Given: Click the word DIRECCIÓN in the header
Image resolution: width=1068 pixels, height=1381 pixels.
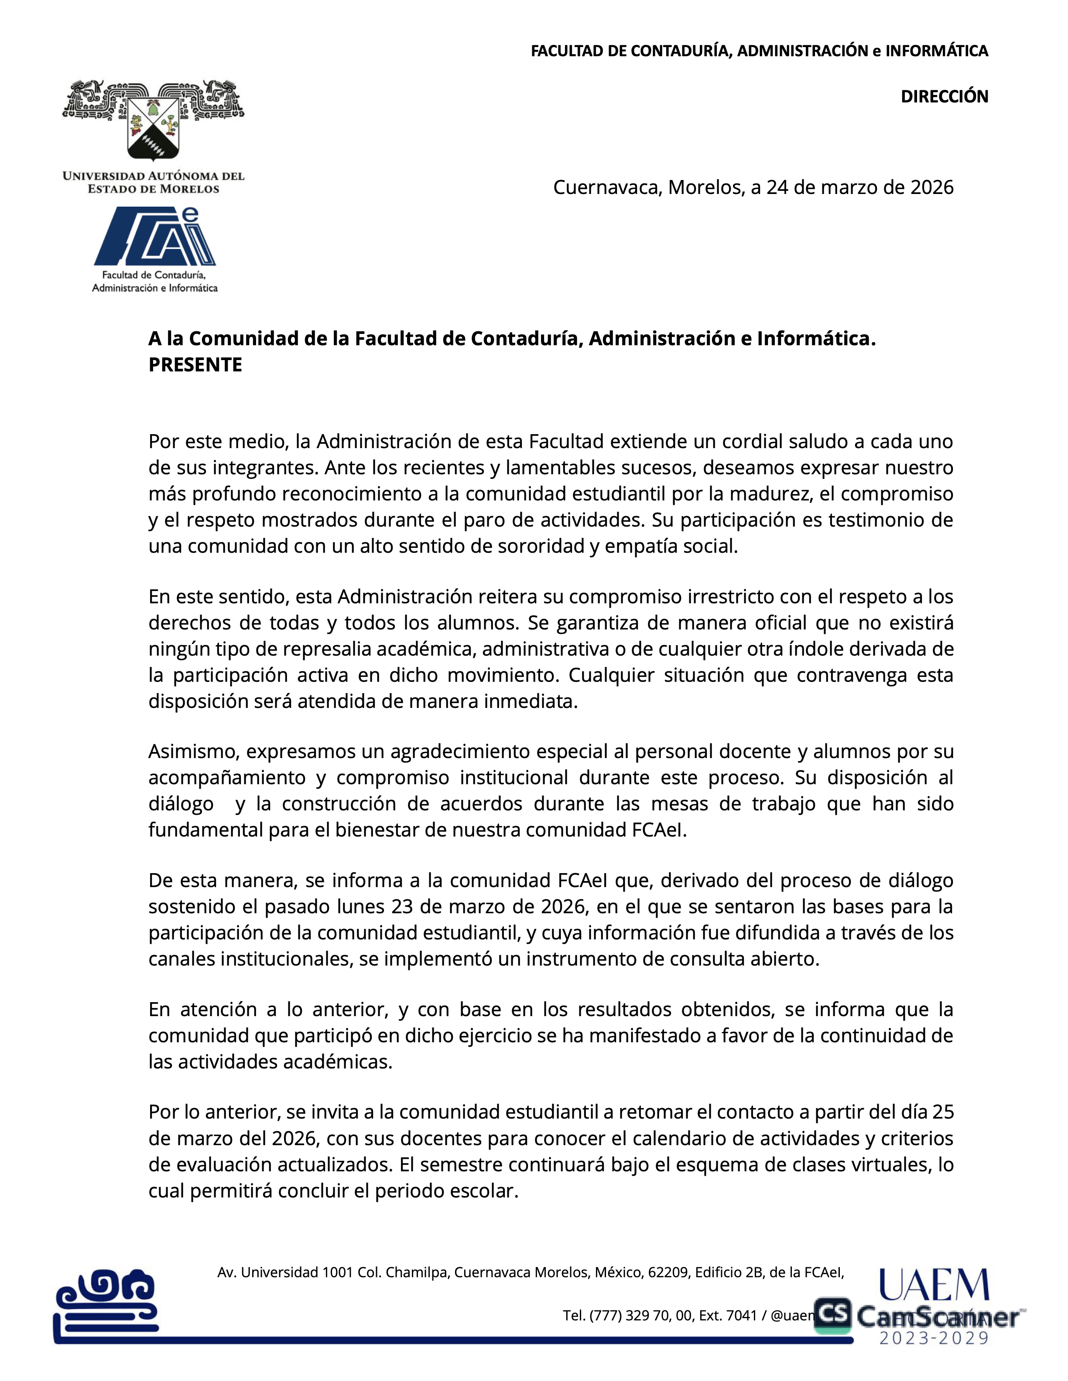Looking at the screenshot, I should (944, 97).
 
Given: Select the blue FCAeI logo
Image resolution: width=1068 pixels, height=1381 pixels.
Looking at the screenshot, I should (155, 237).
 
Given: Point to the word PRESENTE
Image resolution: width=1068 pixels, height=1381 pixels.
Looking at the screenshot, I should (195, 365).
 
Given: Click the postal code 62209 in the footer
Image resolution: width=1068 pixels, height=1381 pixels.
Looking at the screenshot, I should (668, 1272).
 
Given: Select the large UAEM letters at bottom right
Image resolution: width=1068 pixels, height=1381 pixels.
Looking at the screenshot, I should (934, 1286).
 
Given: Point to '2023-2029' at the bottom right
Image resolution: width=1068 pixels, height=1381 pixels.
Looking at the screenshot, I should (934, 1338).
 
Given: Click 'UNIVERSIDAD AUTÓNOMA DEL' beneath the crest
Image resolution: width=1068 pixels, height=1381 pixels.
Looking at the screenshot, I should (154, 176).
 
